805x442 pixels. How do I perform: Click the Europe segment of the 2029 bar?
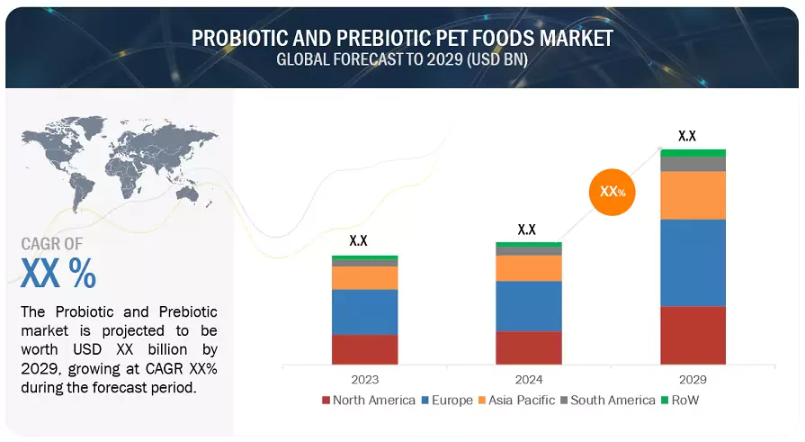tap(693, 263)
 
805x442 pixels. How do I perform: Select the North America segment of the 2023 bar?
tap(364, 349)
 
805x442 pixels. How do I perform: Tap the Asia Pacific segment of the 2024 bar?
tap(529, 268)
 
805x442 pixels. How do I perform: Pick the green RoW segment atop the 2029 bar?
tap(693, 153)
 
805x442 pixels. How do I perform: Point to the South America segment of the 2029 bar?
tap(693, 164)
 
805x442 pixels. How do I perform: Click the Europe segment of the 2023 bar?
tap(364, 312)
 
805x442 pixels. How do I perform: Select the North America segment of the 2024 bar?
tap(529, 347)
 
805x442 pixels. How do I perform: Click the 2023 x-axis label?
tap(364, 380)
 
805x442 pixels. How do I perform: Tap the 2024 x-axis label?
tap(529, 380)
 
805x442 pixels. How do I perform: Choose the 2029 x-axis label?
tap(693, 380)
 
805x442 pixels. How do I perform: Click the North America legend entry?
tap(368, 400)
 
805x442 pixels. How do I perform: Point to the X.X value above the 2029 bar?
tap(687, 136)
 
